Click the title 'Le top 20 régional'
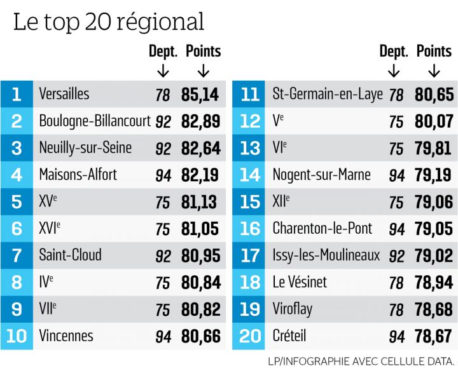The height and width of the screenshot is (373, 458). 109,22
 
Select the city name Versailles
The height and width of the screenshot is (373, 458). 64,95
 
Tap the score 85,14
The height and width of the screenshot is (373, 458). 200,95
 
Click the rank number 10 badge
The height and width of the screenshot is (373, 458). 16,336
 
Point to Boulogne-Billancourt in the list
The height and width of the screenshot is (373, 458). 95,121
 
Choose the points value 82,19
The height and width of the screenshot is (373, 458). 200,175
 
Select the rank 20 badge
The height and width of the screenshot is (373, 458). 249,336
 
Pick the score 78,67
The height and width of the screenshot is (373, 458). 433,336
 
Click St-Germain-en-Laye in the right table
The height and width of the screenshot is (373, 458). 328,95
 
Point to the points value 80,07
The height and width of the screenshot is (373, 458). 433,121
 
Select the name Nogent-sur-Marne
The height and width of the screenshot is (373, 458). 321,175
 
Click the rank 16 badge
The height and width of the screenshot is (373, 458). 249,229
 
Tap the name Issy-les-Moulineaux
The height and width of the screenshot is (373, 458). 326,255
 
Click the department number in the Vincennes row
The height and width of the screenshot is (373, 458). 163,336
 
